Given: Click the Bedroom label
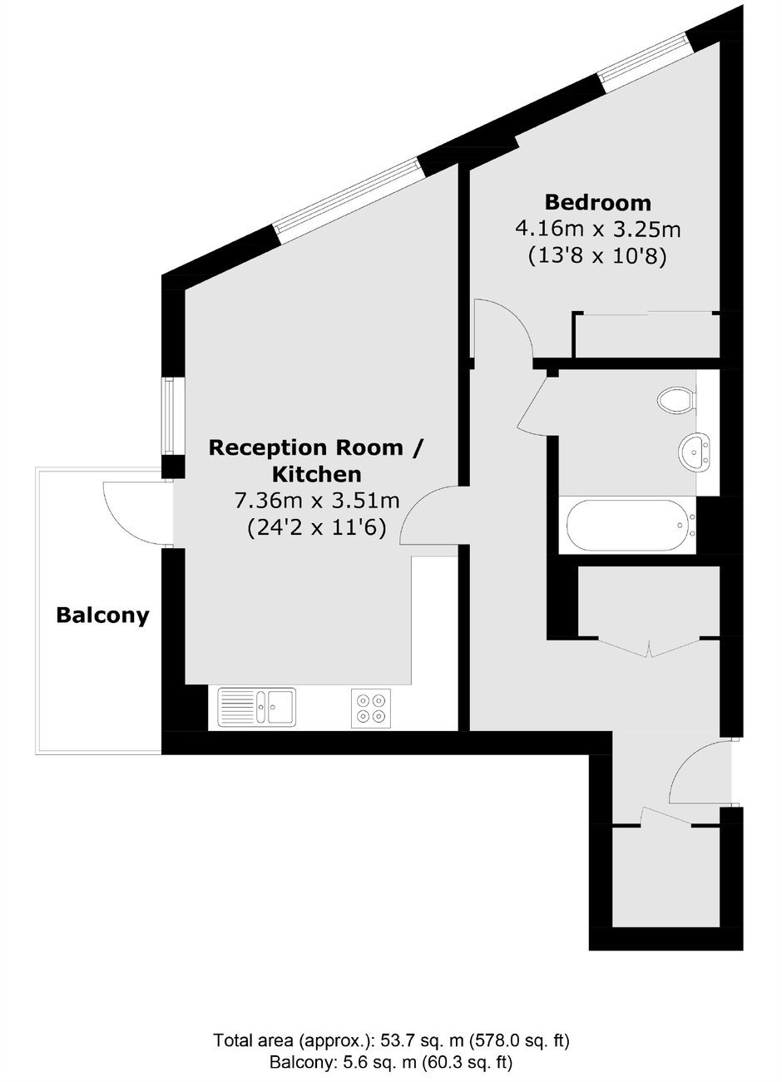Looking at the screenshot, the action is pos(598,202).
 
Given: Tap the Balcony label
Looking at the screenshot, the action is pos(102,615).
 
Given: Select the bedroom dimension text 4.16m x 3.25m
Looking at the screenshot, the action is pos(598,230).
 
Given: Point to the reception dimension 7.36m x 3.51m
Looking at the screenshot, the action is pos(317,501).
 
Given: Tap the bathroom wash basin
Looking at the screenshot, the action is pos(695,452).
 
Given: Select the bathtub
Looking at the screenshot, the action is pos(631,525).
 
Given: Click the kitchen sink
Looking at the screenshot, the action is pos(256,707).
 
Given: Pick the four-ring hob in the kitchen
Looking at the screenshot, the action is pos(371,707).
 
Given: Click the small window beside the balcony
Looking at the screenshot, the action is pos(168,417).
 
